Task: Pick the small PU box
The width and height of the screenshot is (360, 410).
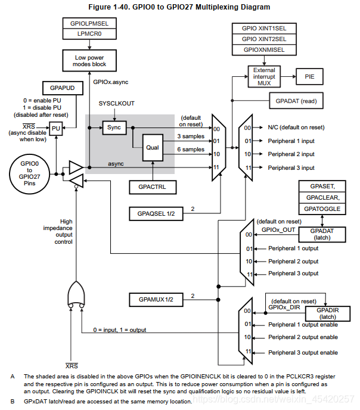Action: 55,128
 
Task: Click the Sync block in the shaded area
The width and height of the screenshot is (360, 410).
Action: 113,128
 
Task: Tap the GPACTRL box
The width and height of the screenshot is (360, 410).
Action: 152,187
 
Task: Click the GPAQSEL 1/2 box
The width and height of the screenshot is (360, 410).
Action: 152,213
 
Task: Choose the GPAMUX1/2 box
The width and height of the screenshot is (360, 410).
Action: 152,299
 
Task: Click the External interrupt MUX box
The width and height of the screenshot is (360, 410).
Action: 264,77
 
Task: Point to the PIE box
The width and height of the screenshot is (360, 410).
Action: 311,77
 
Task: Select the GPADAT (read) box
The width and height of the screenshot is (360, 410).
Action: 296,101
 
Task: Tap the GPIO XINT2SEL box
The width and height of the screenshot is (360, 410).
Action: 264,39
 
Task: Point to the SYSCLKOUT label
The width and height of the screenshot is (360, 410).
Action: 116,103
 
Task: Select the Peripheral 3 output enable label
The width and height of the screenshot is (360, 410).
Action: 303,353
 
